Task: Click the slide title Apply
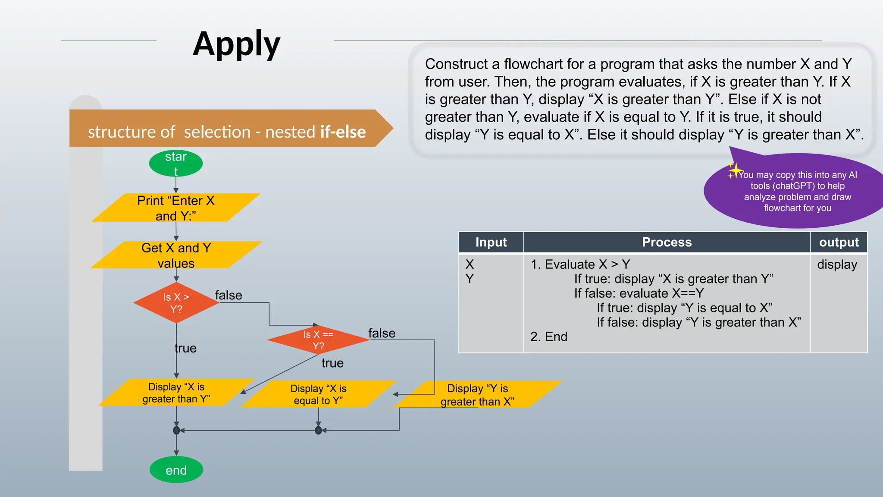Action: pos(236,44)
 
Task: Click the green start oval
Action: pos(176,164)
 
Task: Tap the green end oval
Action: pos(176,470)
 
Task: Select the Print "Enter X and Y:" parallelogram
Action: pos(175,208)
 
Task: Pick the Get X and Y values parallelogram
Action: pos(176,255)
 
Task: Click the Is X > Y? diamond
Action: pos(176,303)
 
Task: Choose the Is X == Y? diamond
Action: pos(318,340)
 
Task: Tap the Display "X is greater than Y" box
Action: pos(176,393)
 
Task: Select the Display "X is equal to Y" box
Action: pos(318,394)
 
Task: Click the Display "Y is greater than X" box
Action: pos(478,395)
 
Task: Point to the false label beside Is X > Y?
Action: pos(229,295)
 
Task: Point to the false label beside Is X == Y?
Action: pos(382,333)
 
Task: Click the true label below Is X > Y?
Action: pos(185,348)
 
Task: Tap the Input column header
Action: pos(491,242)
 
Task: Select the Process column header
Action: pos(667,242)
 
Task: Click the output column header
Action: pos(839,242)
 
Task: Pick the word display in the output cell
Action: pos(837,264)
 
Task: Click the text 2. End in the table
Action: pos(548,337)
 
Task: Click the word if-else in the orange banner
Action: pos(343,132)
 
